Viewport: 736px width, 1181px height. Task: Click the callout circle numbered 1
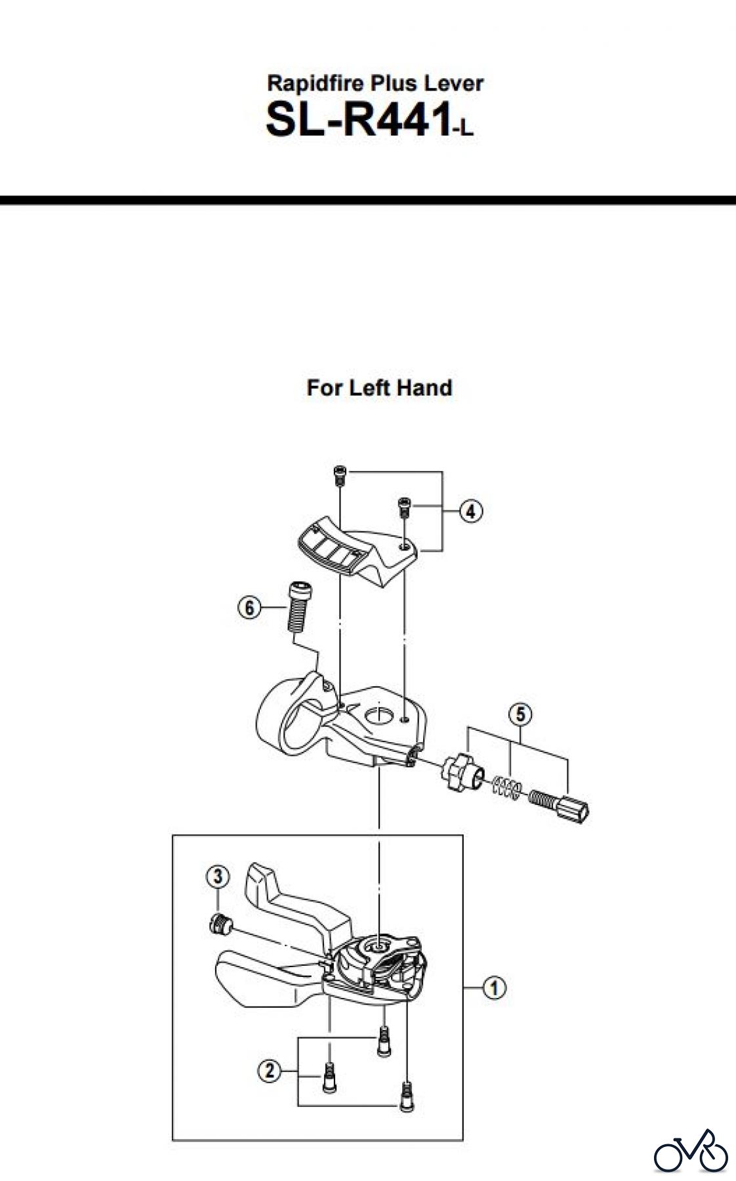point(494,987)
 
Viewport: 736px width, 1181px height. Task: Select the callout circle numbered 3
point(218,876)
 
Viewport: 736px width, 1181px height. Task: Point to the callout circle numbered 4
point(471,510)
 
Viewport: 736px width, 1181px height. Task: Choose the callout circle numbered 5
point(520,713)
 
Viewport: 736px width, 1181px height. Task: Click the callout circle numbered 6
point(249,608)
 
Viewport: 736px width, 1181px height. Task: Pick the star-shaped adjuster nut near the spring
point(459,772)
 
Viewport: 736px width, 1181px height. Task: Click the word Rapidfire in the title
point(316,83)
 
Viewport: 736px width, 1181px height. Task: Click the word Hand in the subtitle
point(424,388)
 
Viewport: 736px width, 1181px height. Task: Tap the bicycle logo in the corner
point(691,1151)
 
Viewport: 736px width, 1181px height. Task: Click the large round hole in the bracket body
point(380,713)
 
